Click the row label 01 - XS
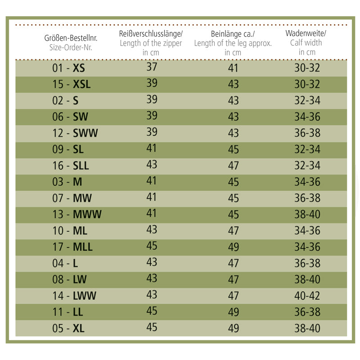68,68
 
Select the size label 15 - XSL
71,85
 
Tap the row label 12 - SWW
75,133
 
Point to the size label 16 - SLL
71,166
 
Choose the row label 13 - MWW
76,214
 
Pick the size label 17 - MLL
72,247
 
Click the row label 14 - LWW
74,296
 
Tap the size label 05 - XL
68,328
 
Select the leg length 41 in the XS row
233,68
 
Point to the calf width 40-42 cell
307,296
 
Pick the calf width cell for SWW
307,133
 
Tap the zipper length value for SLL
152,164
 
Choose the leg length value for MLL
233,247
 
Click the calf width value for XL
307,328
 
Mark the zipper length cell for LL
152,310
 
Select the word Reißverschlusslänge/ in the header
151,34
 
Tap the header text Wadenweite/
306,34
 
